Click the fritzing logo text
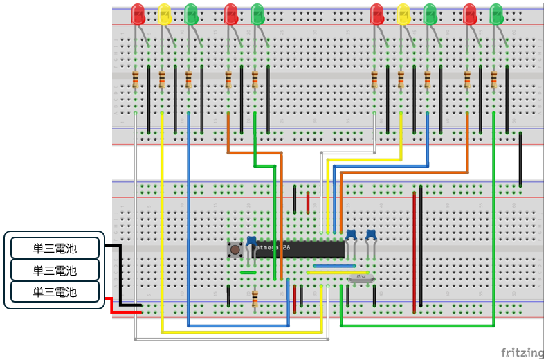[x=522, y=352]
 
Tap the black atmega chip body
[x=299, y=248]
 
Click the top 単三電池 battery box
[x=55, y=248]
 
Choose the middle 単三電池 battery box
[x=55, y=269]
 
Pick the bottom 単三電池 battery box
[x=55, y=291]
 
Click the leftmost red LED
[x=138, y=14]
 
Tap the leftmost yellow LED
[x=164, y=14]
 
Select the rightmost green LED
[x=496, y=14]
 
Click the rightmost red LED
[x=470, y=14]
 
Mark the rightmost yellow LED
[x=403, y=14]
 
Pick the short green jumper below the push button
[x=248, y=272]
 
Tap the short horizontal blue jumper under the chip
[x=334, y=265]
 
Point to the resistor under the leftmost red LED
[x=136, y=80]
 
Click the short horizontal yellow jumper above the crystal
[x=324, y=272]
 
